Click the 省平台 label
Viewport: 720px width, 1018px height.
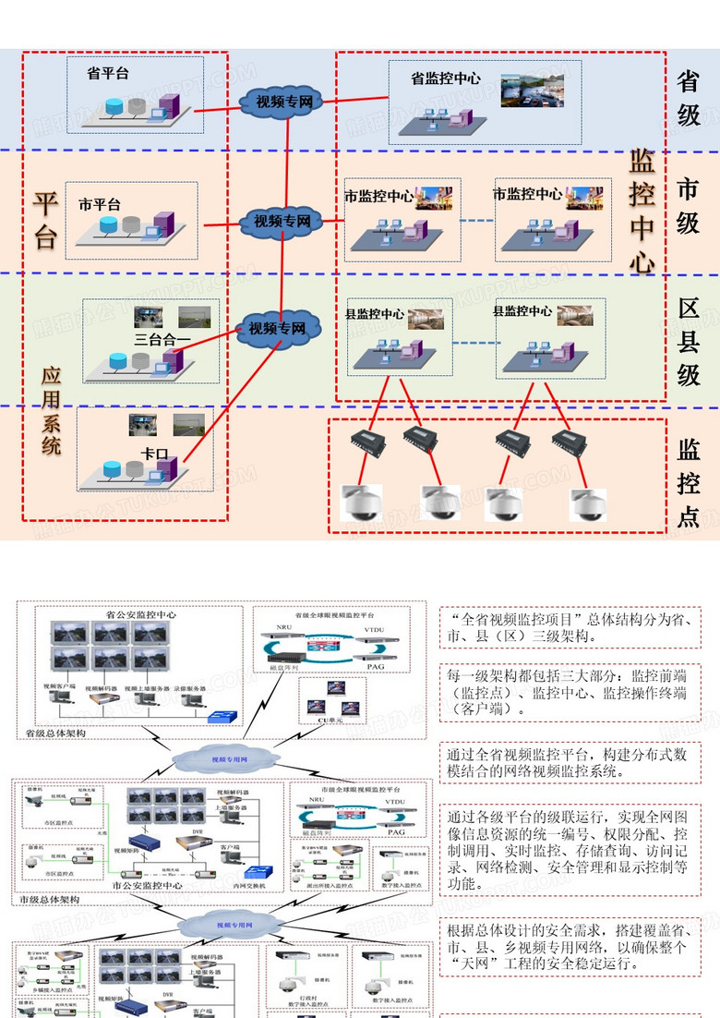click(x=107, y=73)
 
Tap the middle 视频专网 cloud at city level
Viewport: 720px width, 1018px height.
click(x=282, y=222)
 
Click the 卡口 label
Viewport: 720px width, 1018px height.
click(x=154, y=454)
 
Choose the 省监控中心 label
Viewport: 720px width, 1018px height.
click(x=445, y=79)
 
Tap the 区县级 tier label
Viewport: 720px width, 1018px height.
click(x=689, y=341)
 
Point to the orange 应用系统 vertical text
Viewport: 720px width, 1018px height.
click(x=51, y=411)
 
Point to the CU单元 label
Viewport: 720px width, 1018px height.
click(x=330, y=720)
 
